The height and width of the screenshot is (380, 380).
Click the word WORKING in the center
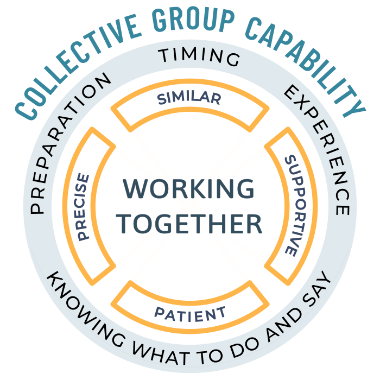click(189, 189)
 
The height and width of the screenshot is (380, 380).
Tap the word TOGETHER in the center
click(190, 223)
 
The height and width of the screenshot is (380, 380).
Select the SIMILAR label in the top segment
click(189, 99)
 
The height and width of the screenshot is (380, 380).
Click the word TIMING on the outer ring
click(198, 56)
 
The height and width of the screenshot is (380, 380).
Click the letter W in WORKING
click(136, 189)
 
